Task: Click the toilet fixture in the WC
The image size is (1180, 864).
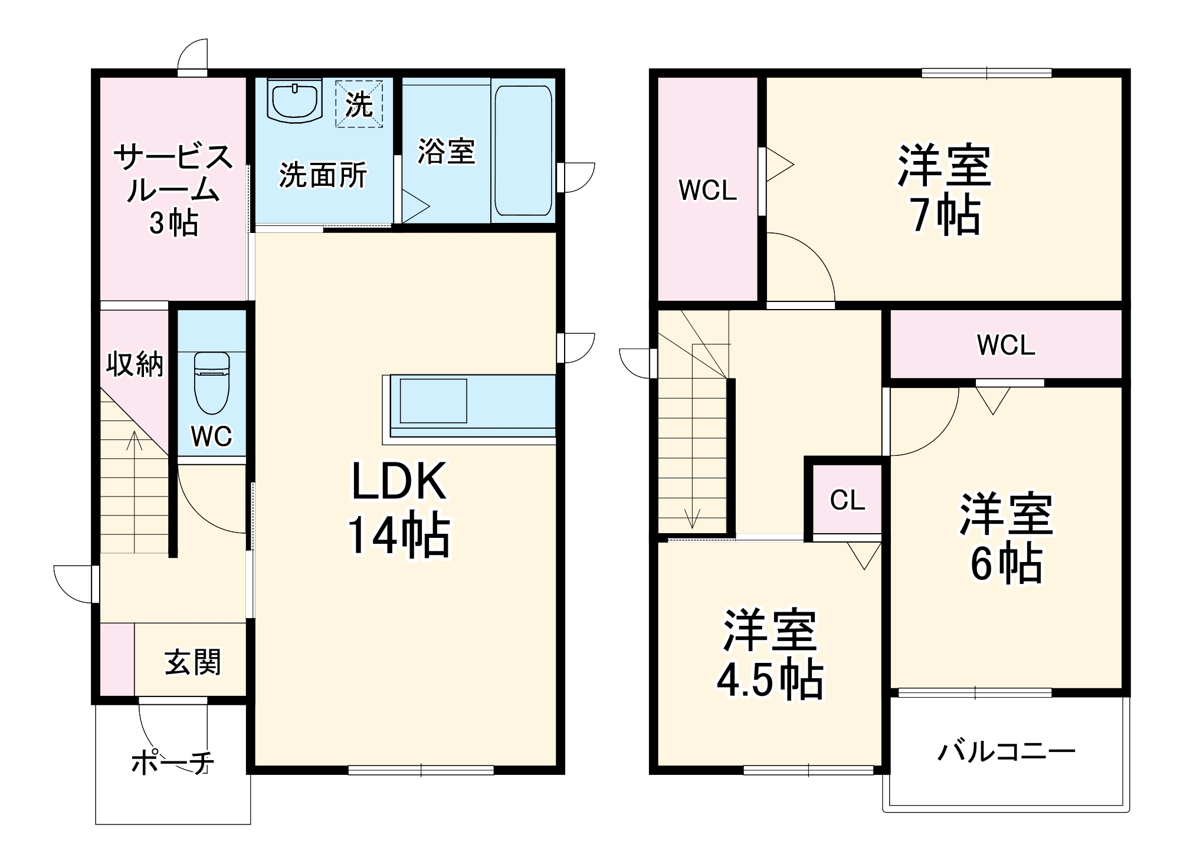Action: [212, 383]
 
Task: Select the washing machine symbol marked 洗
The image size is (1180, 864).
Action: [359, 104]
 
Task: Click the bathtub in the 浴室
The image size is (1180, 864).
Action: [523, 151]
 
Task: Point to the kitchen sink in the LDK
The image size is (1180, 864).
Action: [433, 401]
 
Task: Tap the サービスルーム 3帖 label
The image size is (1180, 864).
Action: [173, 190]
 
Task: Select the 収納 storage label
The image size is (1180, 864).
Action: [135, 364]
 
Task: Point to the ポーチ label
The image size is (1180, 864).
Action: [172, 763]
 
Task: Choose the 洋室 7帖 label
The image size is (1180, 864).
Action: [944, 190]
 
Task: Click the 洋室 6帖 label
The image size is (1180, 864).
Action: [1006, 538]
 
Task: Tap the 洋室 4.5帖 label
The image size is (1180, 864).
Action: [770, 655]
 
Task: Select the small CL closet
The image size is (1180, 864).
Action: [847, 500]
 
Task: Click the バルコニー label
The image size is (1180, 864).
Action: [1007, 752]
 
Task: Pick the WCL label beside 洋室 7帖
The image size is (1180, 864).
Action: [707, 190]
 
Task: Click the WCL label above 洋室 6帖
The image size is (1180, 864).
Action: [1006, 345]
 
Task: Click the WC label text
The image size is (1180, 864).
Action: [211, 436]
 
